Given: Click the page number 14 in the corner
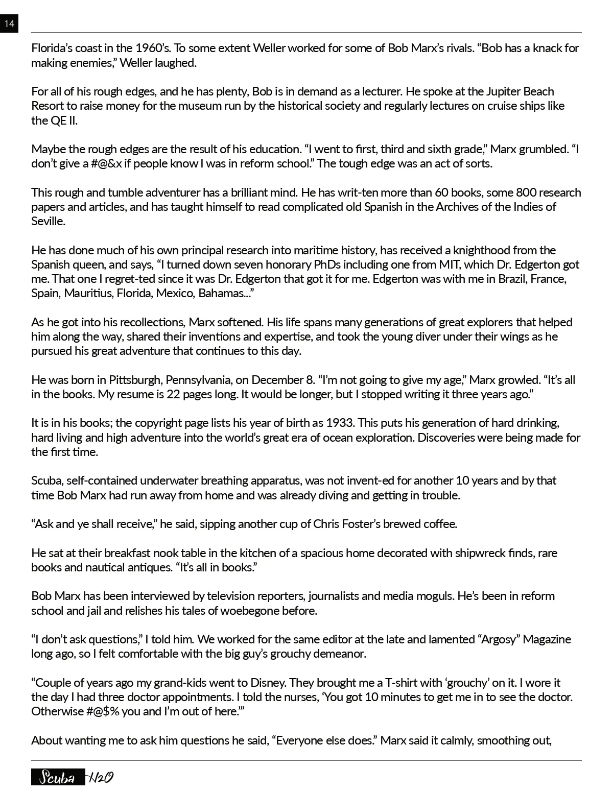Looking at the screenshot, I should click(x=9, y=23).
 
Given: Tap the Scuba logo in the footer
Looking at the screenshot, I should click(x=57, y=777).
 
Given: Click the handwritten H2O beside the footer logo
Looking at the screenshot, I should click(x=100, y=777).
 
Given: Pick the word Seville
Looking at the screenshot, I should click(x=48, y=222).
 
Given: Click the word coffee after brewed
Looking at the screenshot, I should click(x=440, y=524).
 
